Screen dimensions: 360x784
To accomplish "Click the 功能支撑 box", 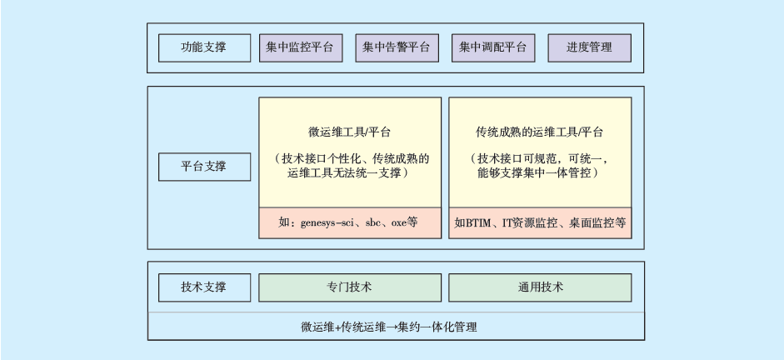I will [x=204, y=48].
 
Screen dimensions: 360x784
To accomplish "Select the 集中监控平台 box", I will [x=301, y=48].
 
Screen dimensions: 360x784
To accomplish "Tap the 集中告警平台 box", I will [x=397, y=48].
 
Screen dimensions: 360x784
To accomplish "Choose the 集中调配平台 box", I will [x=492, y=48].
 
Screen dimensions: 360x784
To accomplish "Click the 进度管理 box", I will [x=589, y=48].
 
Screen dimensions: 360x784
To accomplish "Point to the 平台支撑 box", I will [x=204, y=166].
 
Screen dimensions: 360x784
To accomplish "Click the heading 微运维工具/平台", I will [x=350, y=132].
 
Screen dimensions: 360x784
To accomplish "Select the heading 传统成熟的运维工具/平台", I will [x=540, y=132].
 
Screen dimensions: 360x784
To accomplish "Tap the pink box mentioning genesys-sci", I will [x=350, y=223].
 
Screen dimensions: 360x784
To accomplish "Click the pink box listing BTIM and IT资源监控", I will [x=540, y=223].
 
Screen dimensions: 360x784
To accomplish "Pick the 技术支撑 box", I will [x=204, y=287].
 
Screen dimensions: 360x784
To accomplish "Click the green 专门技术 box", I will [x=350, y=287].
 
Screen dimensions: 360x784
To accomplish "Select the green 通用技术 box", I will [x=540, y=287].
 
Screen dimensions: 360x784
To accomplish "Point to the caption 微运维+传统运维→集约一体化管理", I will [x=395, y=326].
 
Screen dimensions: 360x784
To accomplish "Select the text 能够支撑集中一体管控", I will [x=540, y=173].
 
